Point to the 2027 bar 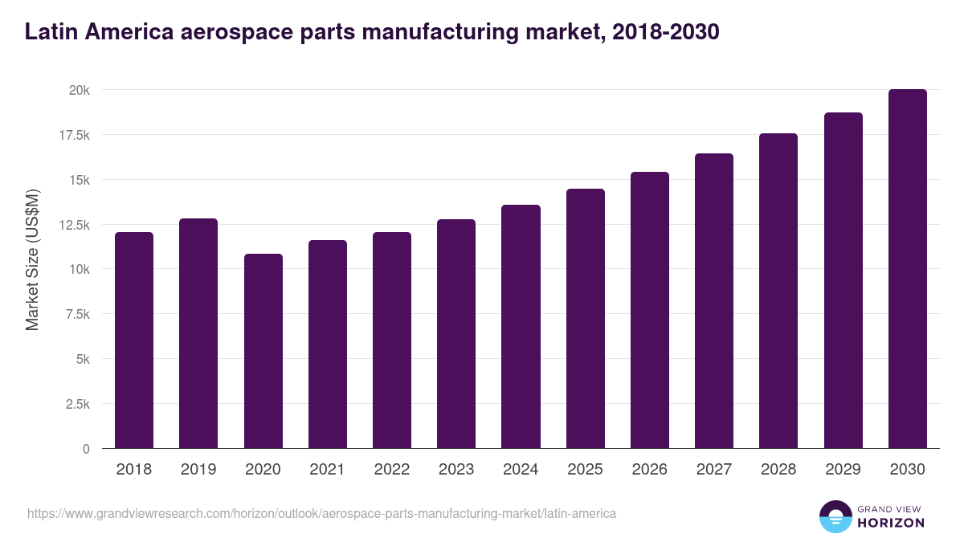(714, 300)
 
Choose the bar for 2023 (456, 333)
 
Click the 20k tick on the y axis (79, 91)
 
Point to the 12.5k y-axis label (73, 225)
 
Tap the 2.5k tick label (76, 404)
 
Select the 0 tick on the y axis (86, 449)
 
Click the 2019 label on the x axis (198, 470)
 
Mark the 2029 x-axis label (843, 470)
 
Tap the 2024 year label (521, 470)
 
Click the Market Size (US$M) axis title (32, 260)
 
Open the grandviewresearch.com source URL (321, 513)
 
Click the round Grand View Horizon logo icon (835, 516)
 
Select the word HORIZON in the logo (891, 523)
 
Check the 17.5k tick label (73, 136)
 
